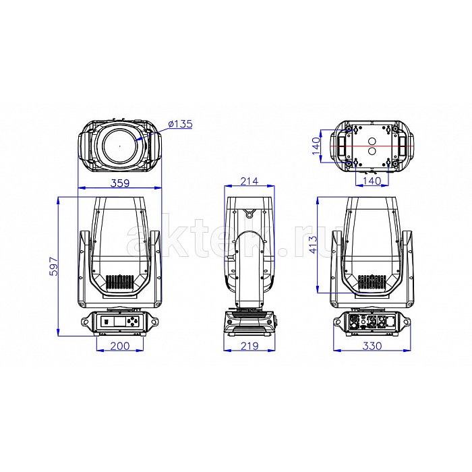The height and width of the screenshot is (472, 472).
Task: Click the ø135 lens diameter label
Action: pos(180,123)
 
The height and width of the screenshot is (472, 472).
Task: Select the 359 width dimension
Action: pos(120,183)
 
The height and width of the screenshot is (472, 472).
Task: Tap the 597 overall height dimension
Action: pos(53,266)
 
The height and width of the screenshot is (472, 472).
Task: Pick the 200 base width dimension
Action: pos(120,346)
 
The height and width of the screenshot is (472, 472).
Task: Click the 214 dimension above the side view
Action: pos(249,181)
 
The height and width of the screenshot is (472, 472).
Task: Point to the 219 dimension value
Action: pos(249,346)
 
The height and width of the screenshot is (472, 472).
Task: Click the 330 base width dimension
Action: pos(372,346)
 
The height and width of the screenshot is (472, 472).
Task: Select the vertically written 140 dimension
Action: pos(316,146)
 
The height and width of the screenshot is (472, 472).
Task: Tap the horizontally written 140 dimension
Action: pos(372,181)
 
